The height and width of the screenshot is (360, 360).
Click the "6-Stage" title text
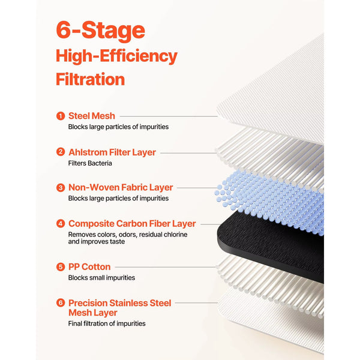[x=100, y=31]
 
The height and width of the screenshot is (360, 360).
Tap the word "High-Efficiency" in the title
[x=116, y=56]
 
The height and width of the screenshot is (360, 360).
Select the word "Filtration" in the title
[x=90, y=79]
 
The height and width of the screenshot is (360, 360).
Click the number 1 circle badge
[x=61, y=116]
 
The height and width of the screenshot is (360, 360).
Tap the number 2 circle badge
[x=61, y=152]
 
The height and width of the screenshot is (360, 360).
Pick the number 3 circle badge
[x=61, y=188]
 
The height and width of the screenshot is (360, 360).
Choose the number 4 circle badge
[x=61, y=223]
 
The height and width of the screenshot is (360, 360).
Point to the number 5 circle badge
[x=61, y=267]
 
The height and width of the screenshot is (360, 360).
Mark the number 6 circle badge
[x=61, y=302]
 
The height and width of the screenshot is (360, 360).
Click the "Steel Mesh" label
[x=92, y=116]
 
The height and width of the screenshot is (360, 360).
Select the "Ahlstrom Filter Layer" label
[x=112, y=152]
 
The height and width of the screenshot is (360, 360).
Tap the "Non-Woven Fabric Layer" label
[x=121, y=188]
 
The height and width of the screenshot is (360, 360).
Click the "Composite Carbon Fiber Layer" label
[x=132, y=224]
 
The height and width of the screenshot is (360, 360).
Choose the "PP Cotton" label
[x=89, y=267]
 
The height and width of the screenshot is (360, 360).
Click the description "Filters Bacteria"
[x=90, y=163]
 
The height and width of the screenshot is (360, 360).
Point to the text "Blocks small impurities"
[x=101, y=278]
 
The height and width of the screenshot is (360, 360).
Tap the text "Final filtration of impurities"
[x=107, y=323]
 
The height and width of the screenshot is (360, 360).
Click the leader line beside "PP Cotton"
[x=166, y=267]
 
